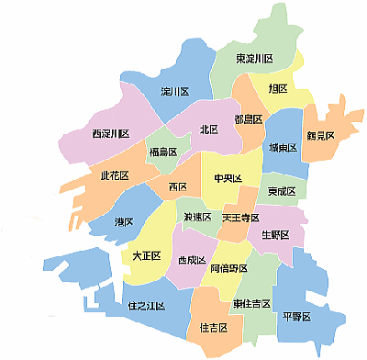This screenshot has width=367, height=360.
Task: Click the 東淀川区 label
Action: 254,58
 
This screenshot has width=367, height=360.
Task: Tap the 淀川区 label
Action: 174,92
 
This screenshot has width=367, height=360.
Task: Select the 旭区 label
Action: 279,88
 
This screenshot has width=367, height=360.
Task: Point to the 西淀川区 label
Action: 111,134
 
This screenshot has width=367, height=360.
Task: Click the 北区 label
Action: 208,130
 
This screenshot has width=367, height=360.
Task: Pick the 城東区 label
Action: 282,147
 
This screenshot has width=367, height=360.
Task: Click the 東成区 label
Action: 283,191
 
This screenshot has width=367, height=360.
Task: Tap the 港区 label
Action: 124,222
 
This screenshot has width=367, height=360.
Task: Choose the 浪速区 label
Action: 197,218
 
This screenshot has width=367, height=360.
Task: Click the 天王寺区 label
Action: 241,218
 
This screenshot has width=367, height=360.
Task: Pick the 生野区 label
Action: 275,235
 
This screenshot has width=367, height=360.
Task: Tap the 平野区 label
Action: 297,316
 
